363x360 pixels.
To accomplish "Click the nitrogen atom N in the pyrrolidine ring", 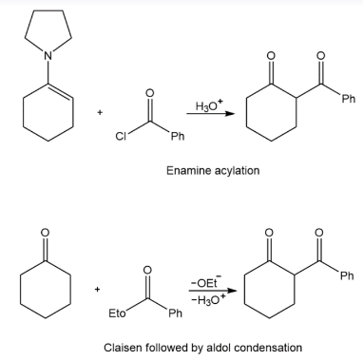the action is click(x=48, y=56).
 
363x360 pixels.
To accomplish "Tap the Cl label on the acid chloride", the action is click(x=121, y=137).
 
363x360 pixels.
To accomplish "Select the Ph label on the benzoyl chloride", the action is click(x=178, y=137).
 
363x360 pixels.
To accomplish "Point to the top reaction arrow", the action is click(x=211, y=114).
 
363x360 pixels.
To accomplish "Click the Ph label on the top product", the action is click(x=349, y=99).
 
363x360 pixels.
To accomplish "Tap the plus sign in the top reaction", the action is click(x=100, y=112).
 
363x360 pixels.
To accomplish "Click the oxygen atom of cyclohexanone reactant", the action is click(x=46, y=233).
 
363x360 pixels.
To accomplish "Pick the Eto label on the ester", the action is click(x=117, y=313).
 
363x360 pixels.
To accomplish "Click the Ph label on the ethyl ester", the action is click(x=175, y=313).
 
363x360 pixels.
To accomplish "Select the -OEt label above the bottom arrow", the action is click(x=205, y=282).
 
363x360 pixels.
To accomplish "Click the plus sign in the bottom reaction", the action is click(x=98, y=289).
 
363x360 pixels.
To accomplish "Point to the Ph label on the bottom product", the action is click(x=347, y=275).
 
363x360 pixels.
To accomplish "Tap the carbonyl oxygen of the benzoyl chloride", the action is click(x=149, y=93).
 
